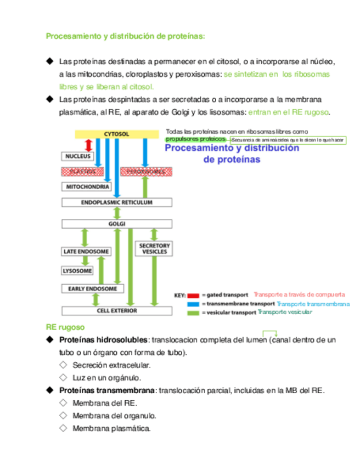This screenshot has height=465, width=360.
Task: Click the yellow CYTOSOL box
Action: click(x=116, y=134)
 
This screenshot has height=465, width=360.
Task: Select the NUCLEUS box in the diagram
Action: click(x=77, y=156)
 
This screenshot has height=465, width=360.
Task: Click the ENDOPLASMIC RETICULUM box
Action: click(x=116, y=202)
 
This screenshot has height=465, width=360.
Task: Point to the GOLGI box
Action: click(x=117, y=224)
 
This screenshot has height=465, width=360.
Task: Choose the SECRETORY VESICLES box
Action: click(x=154, y=248)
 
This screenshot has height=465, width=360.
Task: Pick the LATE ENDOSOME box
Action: click(x=86, y=252)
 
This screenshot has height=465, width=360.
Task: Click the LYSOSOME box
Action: click(x=77, y=271)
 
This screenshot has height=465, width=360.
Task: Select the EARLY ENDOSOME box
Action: click(x=92, y=289)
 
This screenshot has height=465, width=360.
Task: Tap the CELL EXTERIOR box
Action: click(x=116, y=310)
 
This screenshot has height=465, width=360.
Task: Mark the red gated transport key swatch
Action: click(x=194, y=295)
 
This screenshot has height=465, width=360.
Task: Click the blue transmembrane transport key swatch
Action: click(x=194, y=303)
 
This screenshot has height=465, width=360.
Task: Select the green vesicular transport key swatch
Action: click(x=194, y=313)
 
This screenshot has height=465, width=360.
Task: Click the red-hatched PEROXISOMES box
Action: click(x=146, y=172)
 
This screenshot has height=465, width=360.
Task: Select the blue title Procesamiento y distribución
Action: click(x=232, y=148)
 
